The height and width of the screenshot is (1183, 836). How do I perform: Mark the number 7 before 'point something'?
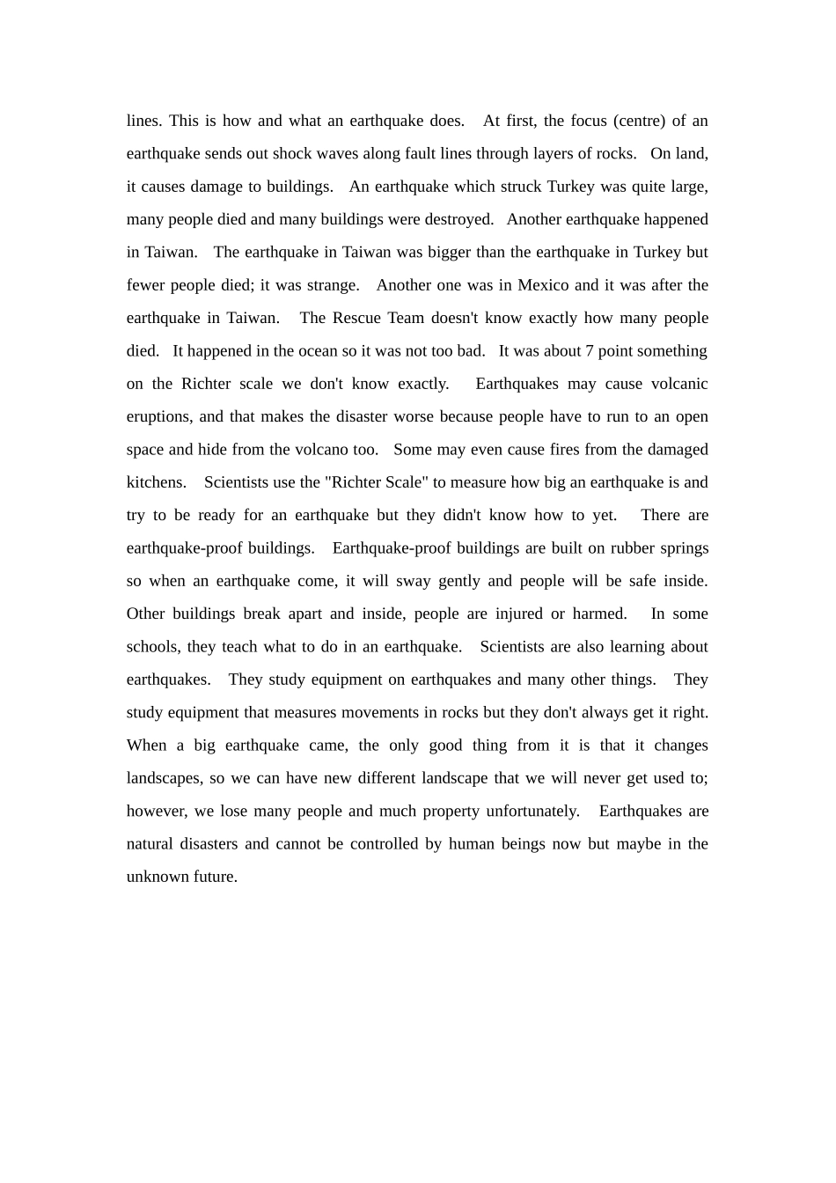[590, 351]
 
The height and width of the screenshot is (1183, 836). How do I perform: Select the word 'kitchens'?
[156, 482]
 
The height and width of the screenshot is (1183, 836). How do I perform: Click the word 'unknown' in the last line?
[154, 877]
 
